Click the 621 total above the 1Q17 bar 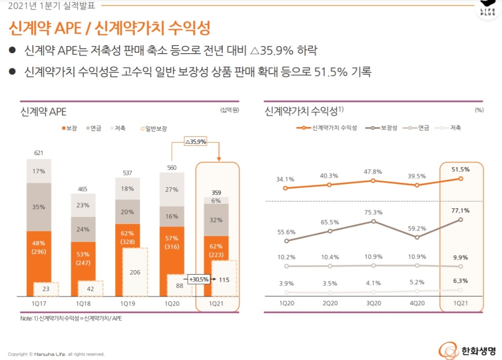pyautogui.click(x=39, y=153)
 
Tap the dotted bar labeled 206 pyautogui.click(x=135, y=272)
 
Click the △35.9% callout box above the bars pyautogui.click(x=196, y=142)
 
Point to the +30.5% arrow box pyautogui.click(x=199, y=280)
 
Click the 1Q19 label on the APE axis pyautogui.click(x=127, y=304)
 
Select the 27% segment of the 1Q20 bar pyautogui.click(x=172, y=189)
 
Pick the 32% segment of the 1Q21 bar pyautogui.click(x=216, y=220)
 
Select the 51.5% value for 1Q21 pyautogui.click(x=460, y=170)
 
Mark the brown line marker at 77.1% pyautogui.click(x=460, y=219)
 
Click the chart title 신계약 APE pyautogui.click(x=44, y=111)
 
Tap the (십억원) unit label pyautogui.click(x=229, y=109)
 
